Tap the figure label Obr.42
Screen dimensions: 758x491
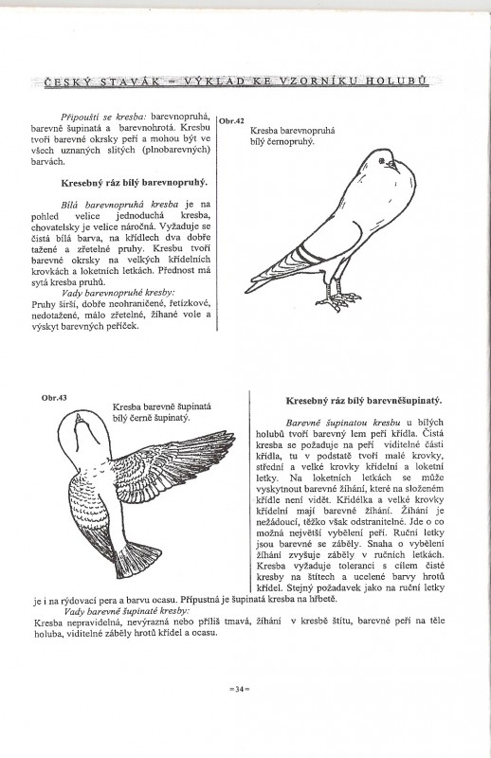232,121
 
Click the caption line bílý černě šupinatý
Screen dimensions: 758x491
153,417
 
